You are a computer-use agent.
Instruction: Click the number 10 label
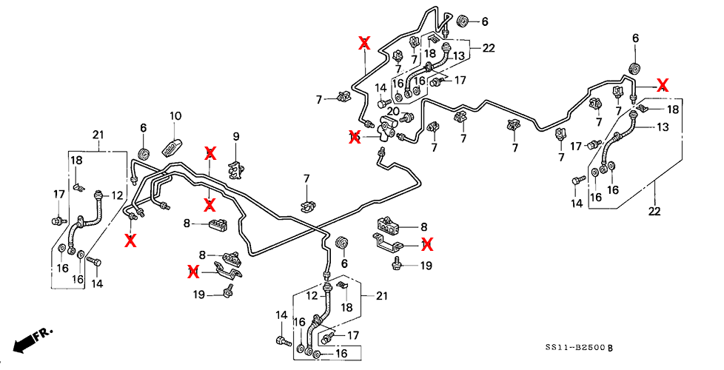pyautogui.click(x=175, y=116)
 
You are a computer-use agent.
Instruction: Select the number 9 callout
pyautogui.click(x=236, y=136)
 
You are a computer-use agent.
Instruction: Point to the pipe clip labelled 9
pyautogui.click(x=236, y=168)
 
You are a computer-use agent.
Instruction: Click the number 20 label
pyautogui.click(x=394, y=111)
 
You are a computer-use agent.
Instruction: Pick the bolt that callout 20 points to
pyautogui.click(x=406, y=118)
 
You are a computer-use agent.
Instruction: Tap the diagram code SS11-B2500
pyautogui.click(x=577, y=347)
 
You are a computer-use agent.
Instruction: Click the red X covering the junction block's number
pyautogui.click(x=354, y=135)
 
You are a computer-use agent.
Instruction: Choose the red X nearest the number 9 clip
pyautogui.click(x=210, y=153)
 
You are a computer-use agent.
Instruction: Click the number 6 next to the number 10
pyautogui.click(x=144, y=128)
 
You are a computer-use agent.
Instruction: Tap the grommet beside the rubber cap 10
pyautogui.click(x=144, y=154)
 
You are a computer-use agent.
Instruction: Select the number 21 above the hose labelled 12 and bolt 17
pyautogui.click(x=98, y=134)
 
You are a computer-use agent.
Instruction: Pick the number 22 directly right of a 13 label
pyautogui.click(x=488, y=48)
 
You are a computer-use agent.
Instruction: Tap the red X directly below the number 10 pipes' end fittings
pyautogui.click(x=131, y=239)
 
